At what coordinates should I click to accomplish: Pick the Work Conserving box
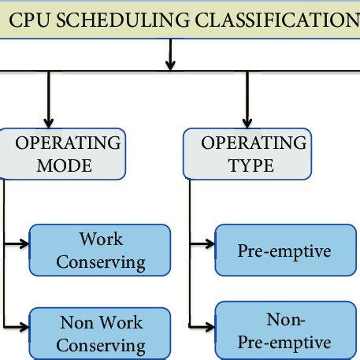coord(100,250)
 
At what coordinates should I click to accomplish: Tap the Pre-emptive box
coord(284,251)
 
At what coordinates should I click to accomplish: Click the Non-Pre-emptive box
coord(284,332)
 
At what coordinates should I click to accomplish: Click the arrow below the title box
coord(170,55)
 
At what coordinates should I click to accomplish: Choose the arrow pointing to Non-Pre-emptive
coord(202,325)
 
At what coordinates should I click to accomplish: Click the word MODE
coord(65,166)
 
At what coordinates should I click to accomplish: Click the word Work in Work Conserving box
coord(101,239)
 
